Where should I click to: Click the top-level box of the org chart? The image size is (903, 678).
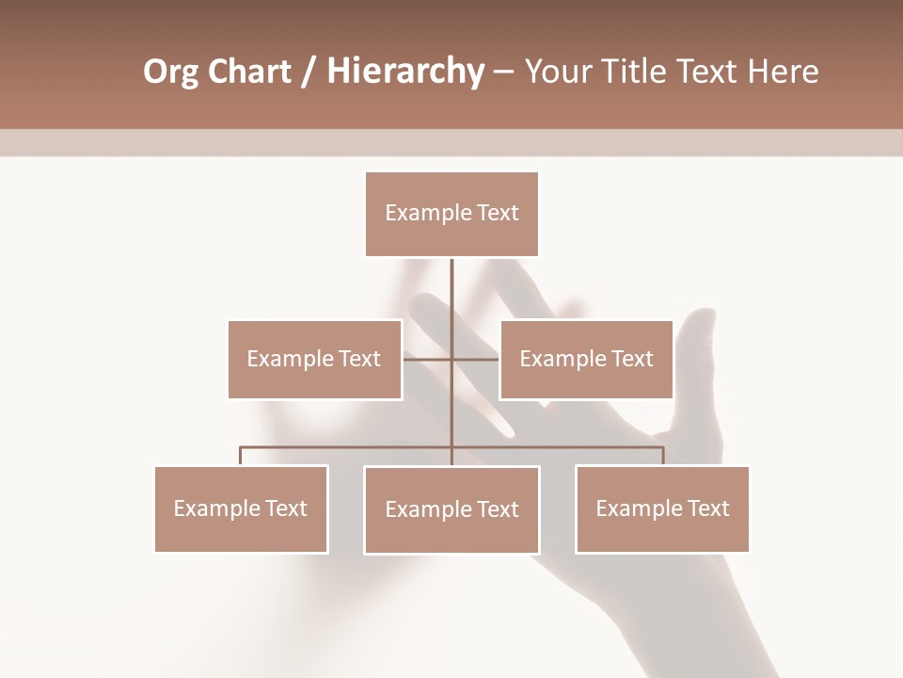451,214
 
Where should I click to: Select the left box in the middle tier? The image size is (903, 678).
314,359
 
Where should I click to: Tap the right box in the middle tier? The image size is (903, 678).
586,359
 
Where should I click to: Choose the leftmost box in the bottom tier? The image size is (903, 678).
241,508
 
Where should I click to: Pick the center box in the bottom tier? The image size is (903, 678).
451,509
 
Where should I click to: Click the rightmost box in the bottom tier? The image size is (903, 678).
662,508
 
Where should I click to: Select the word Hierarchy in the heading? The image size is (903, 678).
404,72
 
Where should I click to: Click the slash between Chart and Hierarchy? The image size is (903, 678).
308,72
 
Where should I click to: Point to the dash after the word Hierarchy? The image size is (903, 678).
503,72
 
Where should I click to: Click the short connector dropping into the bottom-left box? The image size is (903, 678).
241,457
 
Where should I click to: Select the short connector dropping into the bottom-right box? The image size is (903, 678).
663,457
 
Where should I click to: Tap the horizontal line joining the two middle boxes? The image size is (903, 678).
428,359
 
